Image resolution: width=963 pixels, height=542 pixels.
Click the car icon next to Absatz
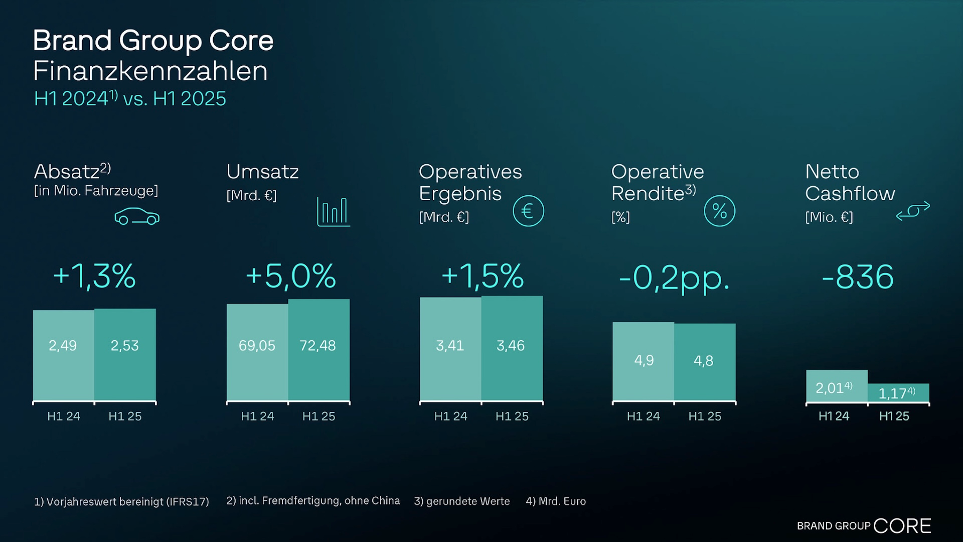tap(137, 216)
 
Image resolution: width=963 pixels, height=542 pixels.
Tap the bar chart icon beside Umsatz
tap(333, 211)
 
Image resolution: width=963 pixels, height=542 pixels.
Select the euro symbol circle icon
tap(528, 211)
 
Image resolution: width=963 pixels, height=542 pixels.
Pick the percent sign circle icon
tap(719, 211)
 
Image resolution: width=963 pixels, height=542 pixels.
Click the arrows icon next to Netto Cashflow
tap(913, 211)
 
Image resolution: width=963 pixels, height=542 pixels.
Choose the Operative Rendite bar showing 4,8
tap(705, 362)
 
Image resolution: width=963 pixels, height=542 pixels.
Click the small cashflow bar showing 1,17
tap(898, 393)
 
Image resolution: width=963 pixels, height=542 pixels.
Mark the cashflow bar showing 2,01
tap(837, 386)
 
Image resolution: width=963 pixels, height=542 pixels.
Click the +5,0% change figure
tap(291, 276)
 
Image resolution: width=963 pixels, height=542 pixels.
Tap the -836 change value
tap(858, 277)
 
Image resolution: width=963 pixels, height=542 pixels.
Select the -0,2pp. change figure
tap(674, 278)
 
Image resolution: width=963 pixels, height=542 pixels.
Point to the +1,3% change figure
tap(94, 276)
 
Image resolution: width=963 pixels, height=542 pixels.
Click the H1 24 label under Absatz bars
tap(64, 416)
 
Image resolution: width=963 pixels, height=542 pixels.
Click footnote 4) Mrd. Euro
tap(556, 501)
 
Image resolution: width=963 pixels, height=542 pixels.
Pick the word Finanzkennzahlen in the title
tap(150, 71)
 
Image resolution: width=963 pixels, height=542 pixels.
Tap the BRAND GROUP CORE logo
tap(864, 525)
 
